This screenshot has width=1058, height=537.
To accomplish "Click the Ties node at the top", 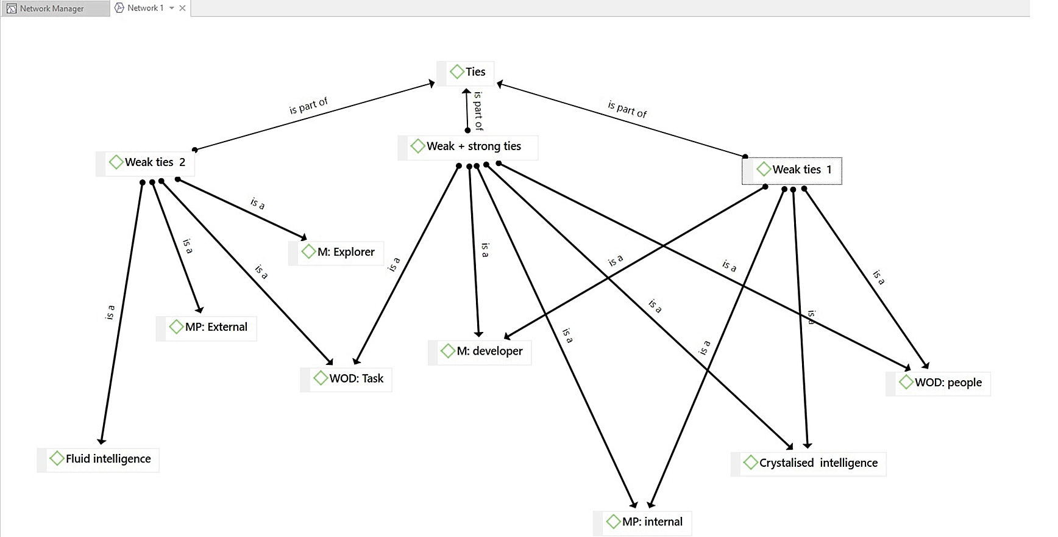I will [467, 72].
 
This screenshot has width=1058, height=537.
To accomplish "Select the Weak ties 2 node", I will [147, 162].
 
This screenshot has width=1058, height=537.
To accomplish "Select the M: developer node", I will [482, 351].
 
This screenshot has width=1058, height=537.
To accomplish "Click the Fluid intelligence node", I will [101, 459].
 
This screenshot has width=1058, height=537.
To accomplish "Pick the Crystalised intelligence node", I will [811, 463].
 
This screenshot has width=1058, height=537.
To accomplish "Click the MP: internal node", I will [645, 522].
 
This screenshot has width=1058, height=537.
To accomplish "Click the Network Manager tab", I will [52, 9].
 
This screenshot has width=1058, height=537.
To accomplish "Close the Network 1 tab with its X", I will [182, 8].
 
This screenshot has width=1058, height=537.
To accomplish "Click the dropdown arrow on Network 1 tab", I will [172, 8].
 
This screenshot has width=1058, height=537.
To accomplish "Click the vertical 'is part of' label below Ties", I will [478, 111].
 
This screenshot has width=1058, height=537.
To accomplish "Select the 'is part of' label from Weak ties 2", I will [308, 106].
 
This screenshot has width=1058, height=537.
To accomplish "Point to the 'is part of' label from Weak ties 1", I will [627, 109].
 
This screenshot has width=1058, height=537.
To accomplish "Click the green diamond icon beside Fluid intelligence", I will [57, 458].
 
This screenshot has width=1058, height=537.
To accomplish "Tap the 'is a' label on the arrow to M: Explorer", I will [258, 203].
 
